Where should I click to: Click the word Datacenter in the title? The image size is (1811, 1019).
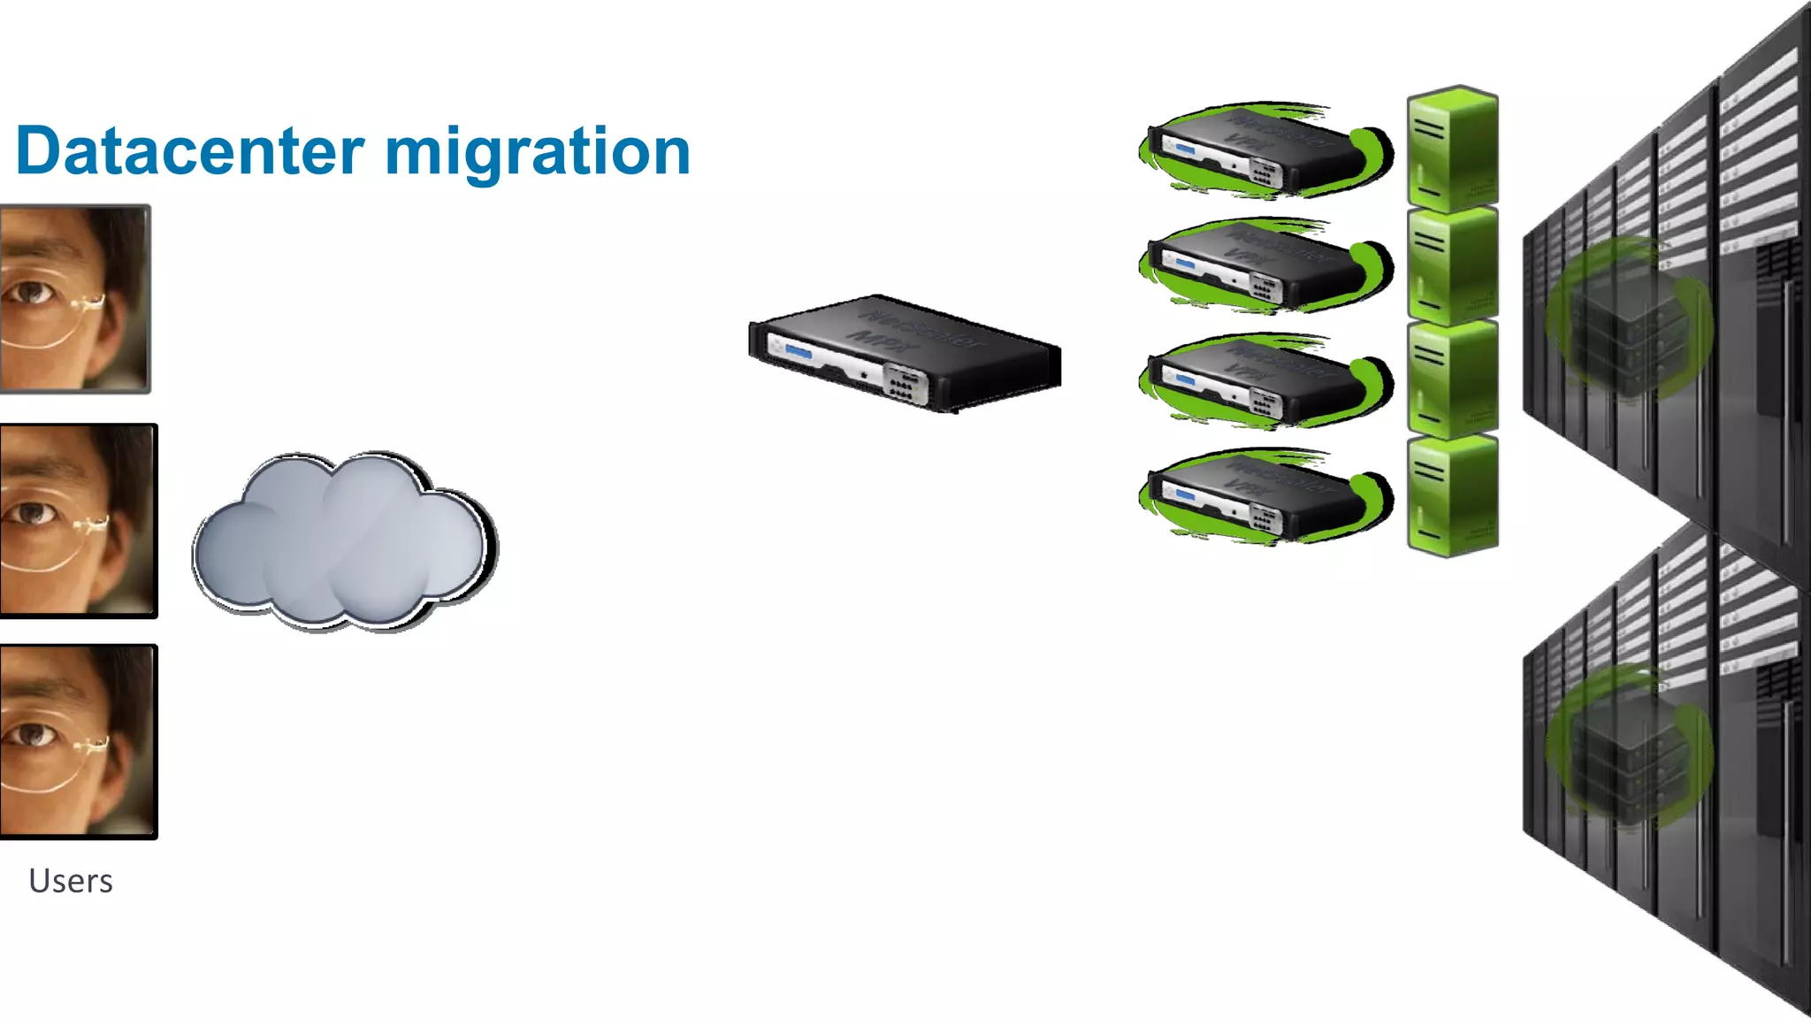(x=190, y=152)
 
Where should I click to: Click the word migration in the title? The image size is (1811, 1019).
(x=537, y=152)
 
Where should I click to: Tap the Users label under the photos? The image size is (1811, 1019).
(x=71, y=881)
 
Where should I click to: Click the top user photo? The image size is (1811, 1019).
(x=74, y=298)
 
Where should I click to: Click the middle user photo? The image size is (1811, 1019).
(x=78, y=520)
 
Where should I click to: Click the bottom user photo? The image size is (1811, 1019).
(x=78, y=741)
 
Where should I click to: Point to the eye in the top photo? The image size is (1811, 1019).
(x=32, y=291)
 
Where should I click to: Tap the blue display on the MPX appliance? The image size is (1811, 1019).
(x=798, y=353)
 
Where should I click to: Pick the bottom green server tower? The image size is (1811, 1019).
(x=1452, y=495)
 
